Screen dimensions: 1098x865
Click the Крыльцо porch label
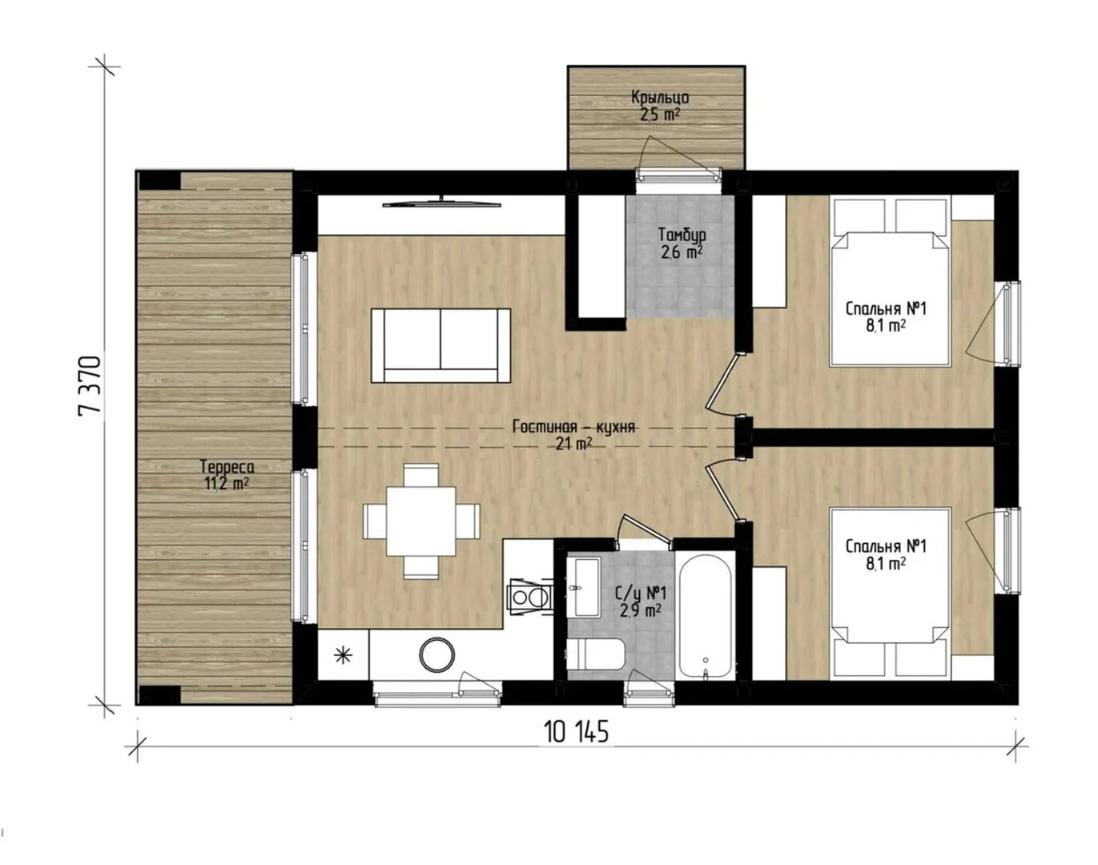pos(660,97)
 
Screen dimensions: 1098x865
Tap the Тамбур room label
pos(682,235)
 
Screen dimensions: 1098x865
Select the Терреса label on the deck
pos(227,466)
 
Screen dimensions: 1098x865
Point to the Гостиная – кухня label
pos(574,427)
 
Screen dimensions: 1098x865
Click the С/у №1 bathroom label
pos(641,593)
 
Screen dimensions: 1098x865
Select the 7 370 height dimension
pos(90,386)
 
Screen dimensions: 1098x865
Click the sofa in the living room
pos(440,345)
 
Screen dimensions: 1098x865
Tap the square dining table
pos(421,521)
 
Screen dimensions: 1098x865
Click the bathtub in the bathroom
pos(706,618)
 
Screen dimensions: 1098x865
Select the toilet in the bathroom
pos(596,654)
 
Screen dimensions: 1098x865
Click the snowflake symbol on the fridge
pos(343,655)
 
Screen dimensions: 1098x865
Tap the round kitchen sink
pos(436,654)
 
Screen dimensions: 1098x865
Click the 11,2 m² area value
pos(227,483)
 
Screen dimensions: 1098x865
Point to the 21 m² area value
pos(574,444)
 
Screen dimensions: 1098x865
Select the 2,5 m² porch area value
pos(660,114)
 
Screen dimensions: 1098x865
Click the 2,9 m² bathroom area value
pos(641,610)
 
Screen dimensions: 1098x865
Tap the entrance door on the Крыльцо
pos(678,175)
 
